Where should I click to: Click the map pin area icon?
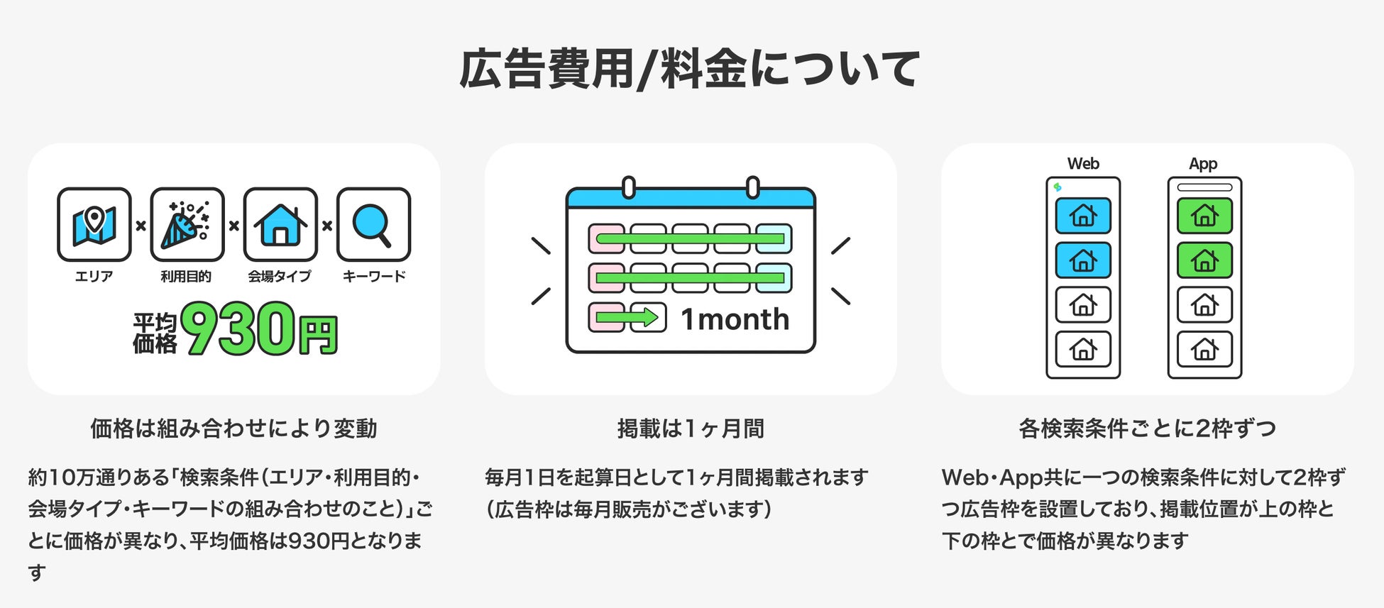click(x=94, y=225)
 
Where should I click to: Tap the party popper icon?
click(x=187, y=225)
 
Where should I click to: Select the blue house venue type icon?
click(x=280, y=225)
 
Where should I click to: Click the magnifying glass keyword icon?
click(x=373, y=225)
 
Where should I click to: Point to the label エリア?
click(x=94, y=276)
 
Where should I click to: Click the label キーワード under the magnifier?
click(x=374, y=276)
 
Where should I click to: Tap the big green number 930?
click(x=238, y=328)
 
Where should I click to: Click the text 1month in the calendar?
click(x=735, y=319)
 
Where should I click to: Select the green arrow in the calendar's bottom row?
click(x=627, y=317)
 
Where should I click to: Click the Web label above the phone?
click(x=1083, y=164)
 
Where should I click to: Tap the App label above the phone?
click(x=1203, y=164)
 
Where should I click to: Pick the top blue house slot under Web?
click(x=1083, y=216)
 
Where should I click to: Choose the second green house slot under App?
click(x=1204, y=260)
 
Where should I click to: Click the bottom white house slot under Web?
click(x=1083, y=349)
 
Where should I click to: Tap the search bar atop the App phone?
click(x=1204, y=188)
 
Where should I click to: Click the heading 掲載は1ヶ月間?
click(x=691, y=429)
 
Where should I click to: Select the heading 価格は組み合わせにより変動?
click(x=234, y=429)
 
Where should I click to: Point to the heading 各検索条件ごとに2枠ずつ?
click(x=1147, y=429)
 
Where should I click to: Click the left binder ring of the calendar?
click(x=628, y=187)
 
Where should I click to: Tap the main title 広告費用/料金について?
click(x=690, y=69)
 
